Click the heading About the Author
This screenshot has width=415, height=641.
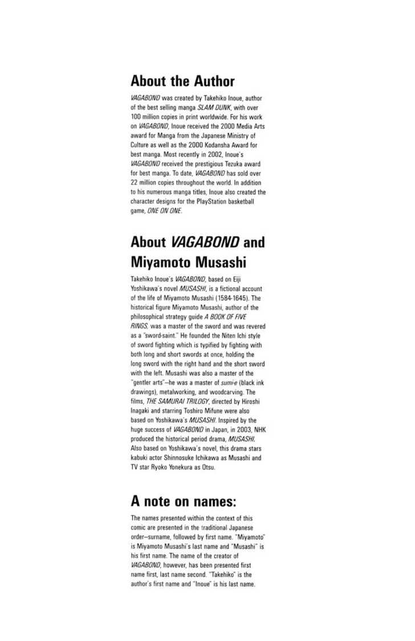tap(182, 81)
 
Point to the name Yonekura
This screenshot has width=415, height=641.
tap(180, 464)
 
